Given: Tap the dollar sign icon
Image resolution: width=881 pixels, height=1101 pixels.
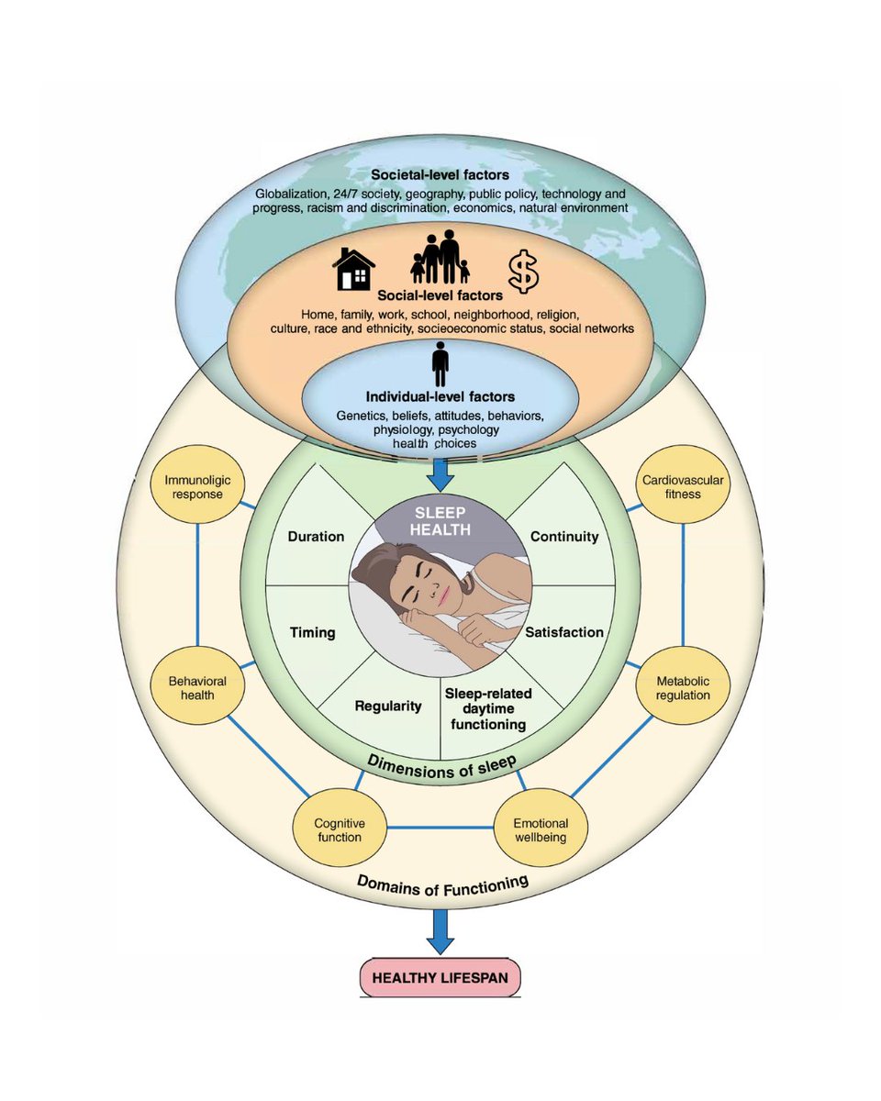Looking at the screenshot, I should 525,269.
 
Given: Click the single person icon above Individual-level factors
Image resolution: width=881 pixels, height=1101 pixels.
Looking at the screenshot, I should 440,363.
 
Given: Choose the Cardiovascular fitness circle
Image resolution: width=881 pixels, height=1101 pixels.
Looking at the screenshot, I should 684,486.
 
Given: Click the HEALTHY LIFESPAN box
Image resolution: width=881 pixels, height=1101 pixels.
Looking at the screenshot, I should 440,977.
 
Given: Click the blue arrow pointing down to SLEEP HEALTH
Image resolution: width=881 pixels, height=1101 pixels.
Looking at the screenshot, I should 440,472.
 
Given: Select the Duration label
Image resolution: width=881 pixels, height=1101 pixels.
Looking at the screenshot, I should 315,537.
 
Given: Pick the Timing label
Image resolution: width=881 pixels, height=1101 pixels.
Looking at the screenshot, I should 312,632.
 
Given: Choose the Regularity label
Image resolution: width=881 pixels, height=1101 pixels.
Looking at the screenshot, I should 388,706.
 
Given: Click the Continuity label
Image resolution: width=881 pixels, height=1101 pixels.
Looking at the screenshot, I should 563,537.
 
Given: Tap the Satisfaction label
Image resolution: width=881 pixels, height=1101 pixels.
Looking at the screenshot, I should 563,631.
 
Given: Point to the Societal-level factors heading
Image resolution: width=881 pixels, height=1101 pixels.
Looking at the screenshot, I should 440,174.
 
